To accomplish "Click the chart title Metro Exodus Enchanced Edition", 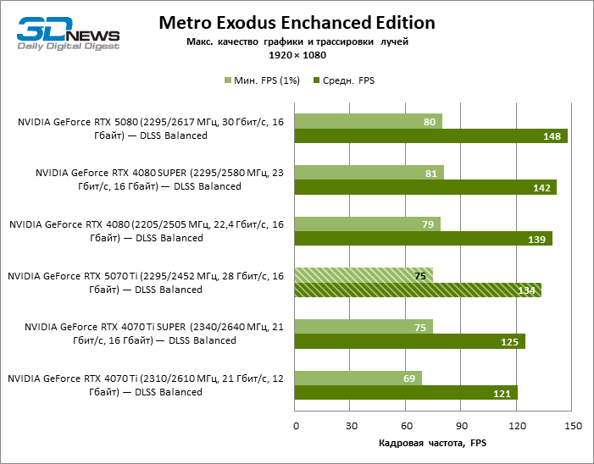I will tap(297, 22).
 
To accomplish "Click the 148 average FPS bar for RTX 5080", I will tap(430, 136).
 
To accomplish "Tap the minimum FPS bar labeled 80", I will tap(368, 122).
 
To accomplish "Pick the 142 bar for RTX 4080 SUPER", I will tap(425, 187).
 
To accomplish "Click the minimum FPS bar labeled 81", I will tap(369, 173).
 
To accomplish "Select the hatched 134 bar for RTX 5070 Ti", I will tap(418, 290).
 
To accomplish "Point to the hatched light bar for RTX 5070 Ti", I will tap(364, 275).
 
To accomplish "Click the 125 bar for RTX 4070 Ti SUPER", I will tap(409, 341).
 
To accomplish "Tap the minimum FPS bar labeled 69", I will tap(358, 378).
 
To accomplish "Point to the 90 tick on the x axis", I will tap(461, 424).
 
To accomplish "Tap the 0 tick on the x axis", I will tap(295, 424).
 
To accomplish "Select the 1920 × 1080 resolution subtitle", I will tap(297, 55).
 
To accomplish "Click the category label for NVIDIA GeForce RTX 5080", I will tap(150, 129).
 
